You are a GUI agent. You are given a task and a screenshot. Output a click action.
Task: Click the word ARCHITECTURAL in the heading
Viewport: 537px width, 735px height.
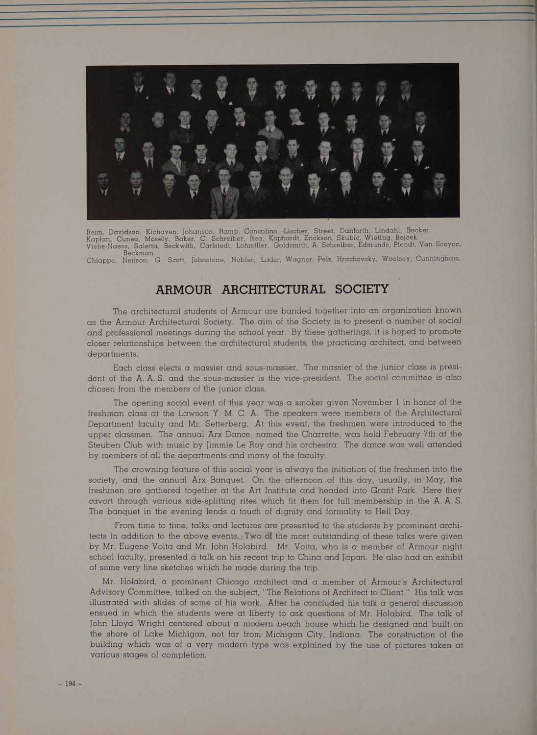pos(273,289)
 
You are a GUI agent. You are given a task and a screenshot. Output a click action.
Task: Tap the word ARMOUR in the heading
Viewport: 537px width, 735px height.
pos(184,289)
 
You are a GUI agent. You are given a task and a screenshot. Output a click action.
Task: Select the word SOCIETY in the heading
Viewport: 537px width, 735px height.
pos(362,289)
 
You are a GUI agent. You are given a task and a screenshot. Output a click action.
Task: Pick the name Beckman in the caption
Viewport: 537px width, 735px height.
pos(139,253)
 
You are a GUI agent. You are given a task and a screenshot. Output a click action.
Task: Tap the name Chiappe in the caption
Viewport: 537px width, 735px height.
pos(101,260)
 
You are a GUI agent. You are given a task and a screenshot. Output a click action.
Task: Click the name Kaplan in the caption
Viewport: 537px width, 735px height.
pos(99,239)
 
